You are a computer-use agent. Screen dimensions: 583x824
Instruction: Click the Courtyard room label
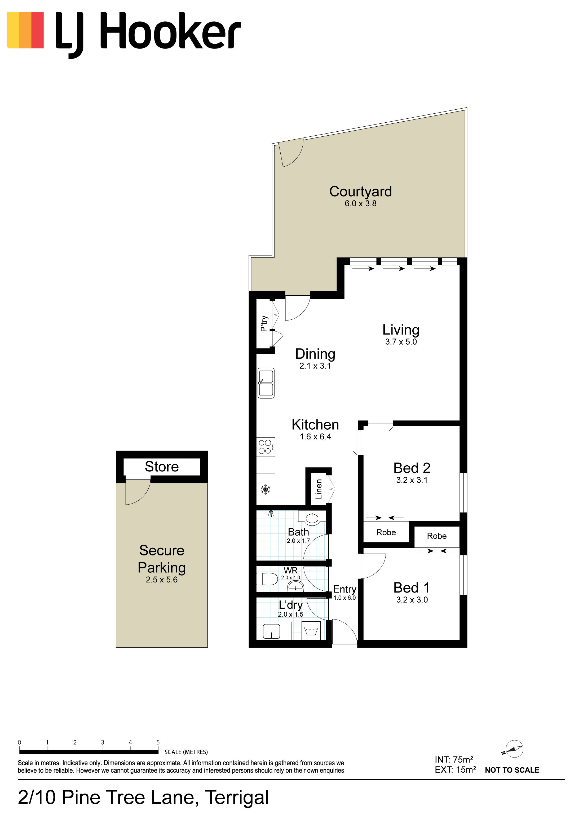360,192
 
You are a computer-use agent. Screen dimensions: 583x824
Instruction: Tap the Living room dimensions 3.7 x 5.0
401,342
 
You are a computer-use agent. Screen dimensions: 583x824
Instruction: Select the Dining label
315,354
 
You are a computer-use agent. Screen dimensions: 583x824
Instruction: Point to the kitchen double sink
266,383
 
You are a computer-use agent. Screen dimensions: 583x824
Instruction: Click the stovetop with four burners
266,447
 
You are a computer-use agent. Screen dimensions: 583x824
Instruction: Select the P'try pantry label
264,323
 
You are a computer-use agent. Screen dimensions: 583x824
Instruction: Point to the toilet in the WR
267,579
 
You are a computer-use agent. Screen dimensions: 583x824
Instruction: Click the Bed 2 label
412,468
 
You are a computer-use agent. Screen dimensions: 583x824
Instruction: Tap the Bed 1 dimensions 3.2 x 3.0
412,600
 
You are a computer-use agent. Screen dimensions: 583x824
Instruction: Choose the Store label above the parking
162,466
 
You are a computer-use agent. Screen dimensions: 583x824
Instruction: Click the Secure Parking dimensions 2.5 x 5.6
162,580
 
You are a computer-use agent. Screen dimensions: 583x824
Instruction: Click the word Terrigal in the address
237,798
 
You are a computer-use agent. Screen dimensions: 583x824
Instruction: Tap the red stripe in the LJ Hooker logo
37,30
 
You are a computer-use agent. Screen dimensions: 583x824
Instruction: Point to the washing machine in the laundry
311,631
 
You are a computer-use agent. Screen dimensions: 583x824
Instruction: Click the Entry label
344,590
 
